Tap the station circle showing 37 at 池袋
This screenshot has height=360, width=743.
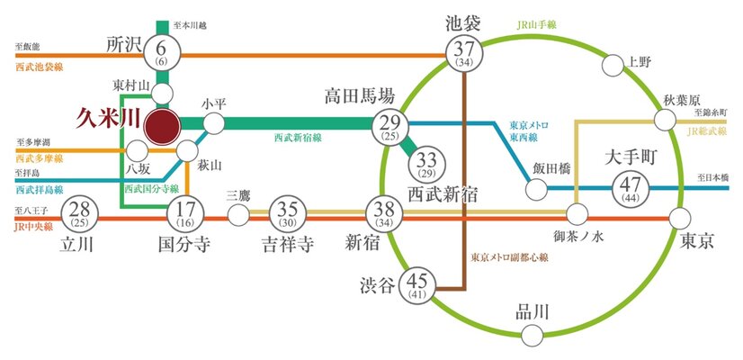click(x=464, y=55)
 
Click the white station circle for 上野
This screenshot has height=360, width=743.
click(x=613, y=64)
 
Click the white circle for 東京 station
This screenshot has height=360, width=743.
click(x=681, y=216)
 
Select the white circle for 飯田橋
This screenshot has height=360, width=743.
click(x=535, y=189)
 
